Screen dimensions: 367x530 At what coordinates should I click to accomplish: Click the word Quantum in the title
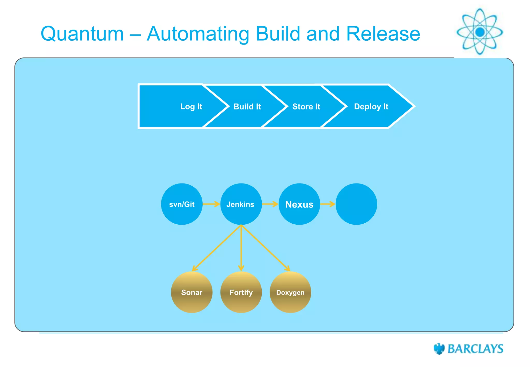point(82,34)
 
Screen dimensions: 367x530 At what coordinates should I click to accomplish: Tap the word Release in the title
point(383,34)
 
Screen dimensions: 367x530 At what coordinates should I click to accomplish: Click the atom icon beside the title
point(480,32)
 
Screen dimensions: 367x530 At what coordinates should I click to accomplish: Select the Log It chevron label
point(191,106)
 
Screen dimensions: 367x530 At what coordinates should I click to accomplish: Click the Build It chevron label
point(247,106)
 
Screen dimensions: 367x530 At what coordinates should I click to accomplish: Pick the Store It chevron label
point(306,106)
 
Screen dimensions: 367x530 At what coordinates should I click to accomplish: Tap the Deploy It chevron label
point(371,106)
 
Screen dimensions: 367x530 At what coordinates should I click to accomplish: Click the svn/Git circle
point(182,204)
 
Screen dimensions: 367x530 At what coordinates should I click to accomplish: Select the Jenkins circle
point(241,204)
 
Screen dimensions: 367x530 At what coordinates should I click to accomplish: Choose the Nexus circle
point(299,204)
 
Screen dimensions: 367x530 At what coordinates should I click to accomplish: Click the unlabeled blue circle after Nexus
point(356,204)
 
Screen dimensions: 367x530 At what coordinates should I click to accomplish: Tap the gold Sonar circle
point(192,292)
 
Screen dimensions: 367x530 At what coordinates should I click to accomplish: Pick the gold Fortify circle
point(241,292)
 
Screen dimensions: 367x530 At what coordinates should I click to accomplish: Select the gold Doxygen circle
point(290,292)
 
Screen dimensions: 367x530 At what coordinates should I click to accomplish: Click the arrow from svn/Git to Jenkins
point(211,204)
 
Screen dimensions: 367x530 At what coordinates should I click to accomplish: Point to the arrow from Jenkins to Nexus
point(270,204)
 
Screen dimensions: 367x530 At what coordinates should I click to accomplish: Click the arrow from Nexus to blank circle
point(328,204)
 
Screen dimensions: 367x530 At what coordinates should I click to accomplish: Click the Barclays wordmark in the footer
point(475,349)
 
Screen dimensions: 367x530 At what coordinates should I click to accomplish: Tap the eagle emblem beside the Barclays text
point(439,349)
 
